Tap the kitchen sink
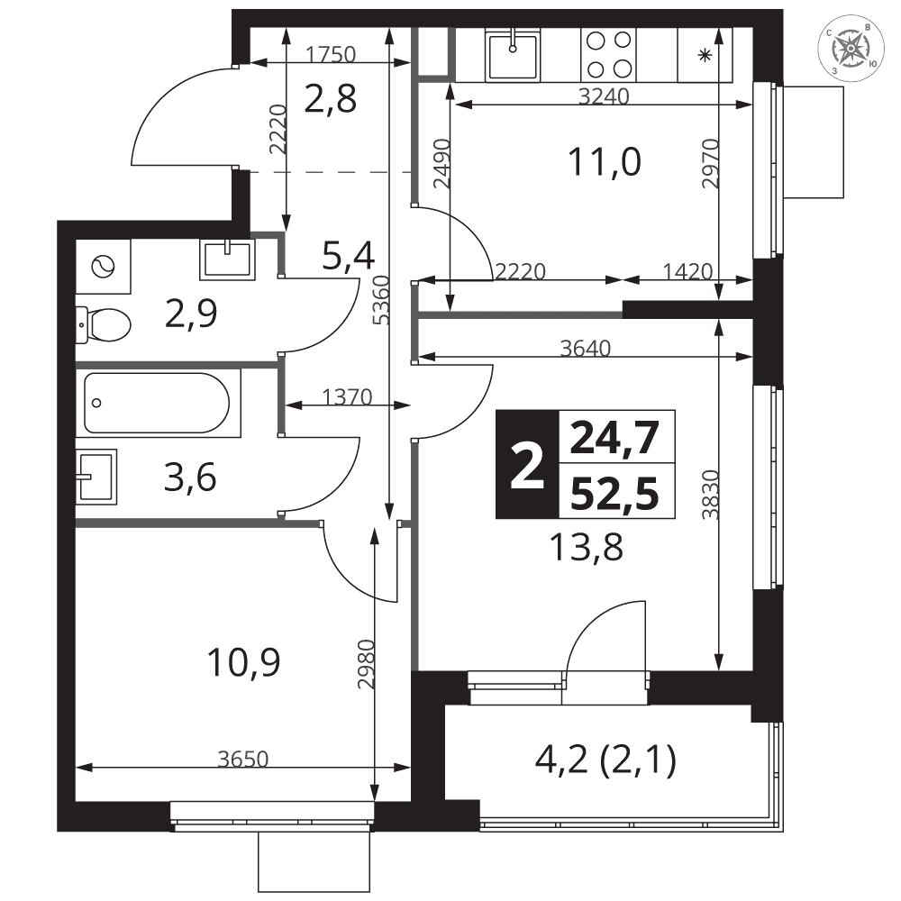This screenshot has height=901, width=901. tap(513, 56)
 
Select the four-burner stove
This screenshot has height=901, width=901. tap(609, 55)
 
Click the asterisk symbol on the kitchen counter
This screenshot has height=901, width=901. tap(705, 55)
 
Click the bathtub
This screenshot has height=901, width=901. tap(156, 403)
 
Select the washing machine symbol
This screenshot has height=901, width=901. tap(104, 267)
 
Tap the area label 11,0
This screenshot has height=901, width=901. tap(604, 161)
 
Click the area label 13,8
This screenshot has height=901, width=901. tap(587, 547)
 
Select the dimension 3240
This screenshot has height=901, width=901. tap(604, 96)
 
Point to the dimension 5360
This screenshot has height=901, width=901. tap(381, 300)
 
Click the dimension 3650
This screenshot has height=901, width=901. tap(243, 759)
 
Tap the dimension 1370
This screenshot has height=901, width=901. tap(347, 396)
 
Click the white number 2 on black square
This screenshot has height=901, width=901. tap(527, 464)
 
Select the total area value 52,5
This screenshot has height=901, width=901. tap(614, 494)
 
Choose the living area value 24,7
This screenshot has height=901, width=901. tap(614, 438)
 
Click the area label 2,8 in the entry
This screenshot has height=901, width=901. tap(331, 99)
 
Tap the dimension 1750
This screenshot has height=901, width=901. tap(331, 55)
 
